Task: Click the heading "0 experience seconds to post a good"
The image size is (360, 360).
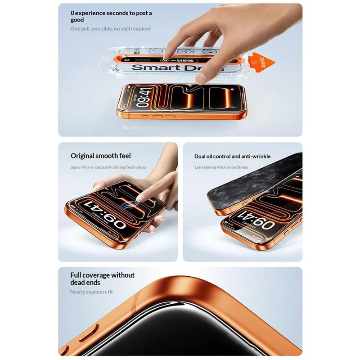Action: click(111, 16)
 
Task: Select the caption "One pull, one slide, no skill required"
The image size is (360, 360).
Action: click(110, 29)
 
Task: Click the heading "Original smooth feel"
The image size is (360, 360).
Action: click(100, 156)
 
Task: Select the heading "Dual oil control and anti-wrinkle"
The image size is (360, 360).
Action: click(232, 156)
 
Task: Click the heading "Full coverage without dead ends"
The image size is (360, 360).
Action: click(102, 279)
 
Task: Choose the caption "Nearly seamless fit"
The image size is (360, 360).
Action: click(91, 292)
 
